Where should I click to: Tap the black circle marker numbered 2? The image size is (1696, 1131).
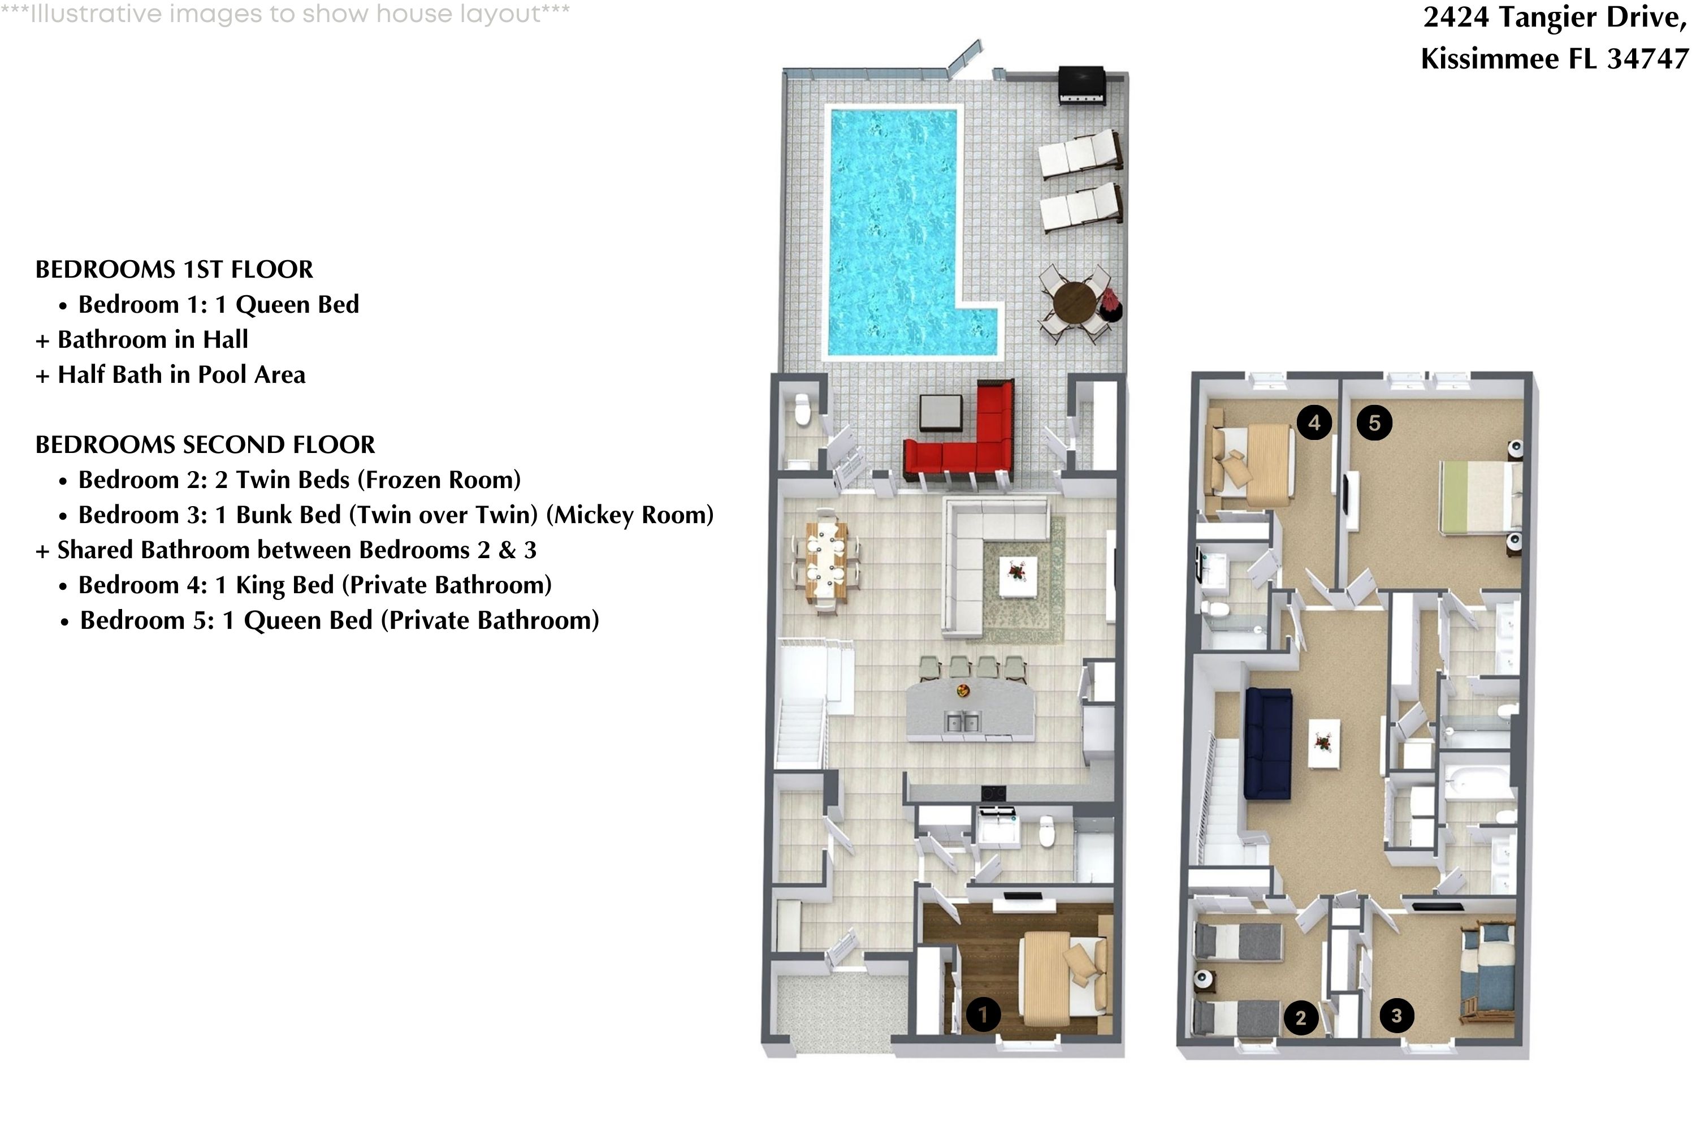[1300, 1018]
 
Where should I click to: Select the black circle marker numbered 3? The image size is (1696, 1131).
[1396, 1016]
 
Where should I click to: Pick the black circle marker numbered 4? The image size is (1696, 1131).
[1314, 422]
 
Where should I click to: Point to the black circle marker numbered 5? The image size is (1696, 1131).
[1374, 422]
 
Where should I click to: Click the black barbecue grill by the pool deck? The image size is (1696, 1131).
[1081, 85]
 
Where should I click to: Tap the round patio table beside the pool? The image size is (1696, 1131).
[1074, 301]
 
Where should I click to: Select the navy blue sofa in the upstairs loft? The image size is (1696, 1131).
[1267, 743]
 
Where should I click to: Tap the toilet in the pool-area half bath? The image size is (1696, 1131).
[801, 411]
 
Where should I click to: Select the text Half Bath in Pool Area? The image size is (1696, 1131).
[181, 374]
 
